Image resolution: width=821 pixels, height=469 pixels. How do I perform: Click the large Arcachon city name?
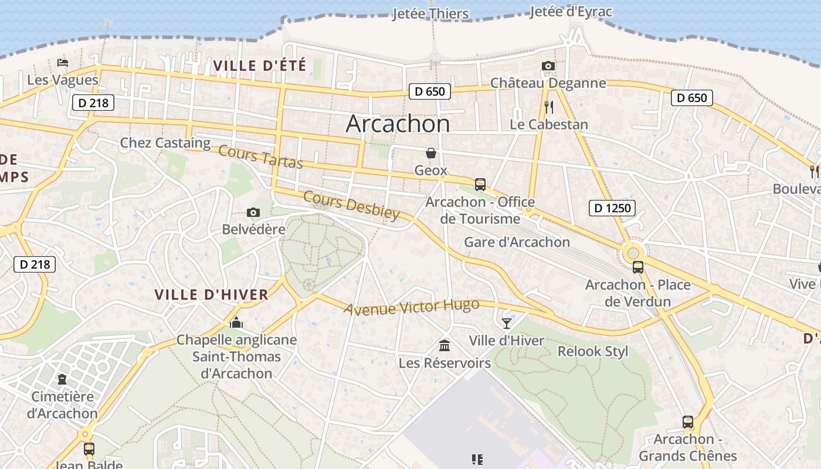[398, 124]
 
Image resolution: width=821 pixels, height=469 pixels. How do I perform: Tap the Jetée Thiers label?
[430, 13]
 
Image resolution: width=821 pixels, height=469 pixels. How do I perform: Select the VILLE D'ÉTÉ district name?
[260, 66]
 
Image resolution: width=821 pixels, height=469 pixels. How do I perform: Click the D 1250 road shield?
[612, 208]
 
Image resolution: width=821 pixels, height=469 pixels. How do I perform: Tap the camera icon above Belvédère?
[253, 212]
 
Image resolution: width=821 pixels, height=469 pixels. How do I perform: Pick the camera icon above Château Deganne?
[548, 66]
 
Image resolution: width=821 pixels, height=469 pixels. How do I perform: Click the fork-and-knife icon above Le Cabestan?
[549, 107]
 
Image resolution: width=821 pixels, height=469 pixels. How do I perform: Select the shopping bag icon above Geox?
[431, 153]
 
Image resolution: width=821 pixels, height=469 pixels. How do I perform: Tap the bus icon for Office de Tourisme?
[480, 185]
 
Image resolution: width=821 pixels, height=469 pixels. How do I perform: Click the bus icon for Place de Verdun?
[638, 267]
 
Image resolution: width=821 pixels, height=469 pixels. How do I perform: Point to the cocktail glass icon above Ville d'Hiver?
[507, 323]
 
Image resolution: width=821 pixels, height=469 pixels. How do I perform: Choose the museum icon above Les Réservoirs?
[445, 345]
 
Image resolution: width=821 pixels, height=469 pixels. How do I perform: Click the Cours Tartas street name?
[260, 157]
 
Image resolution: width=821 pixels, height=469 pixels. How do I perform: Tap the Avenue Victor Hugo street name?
[412, 307]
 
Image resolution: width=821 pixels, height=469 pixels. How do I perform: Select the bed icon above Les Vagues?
[63, 63]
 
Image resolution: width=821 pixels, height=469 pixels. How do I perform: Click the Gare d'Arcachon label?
[517, 242]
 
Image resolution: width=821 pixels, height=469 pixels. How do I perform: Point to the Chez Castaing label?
[165, 142]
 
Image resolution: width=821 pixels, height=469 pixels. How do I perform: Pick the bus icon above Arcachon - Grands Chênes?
[687, 422]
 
